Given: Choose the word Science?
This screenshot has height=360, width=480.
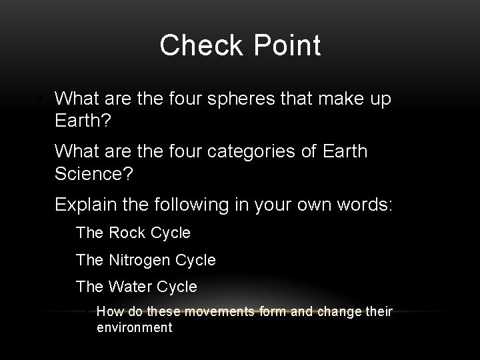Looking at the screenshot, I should pyautogui.click(x=94, y=175).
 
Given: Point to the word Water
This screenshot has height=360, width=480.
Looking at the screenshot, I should pyautogui.click(x=129, y=287).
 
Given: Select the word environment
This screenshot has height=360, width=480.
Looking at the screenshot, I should pyautogui.click(x=135, y=327).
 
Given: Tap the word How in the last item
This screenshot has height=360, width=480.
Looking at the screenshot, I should pyautogui.click(x=109, y=311).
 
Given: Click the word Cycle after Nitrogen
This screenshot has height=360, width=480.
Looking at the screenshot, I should pyautogui.click(x=196, y=260).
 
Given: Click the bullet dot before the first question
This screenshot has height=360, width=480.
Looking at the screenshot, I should pyautogui.click(x=41, y=100).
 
